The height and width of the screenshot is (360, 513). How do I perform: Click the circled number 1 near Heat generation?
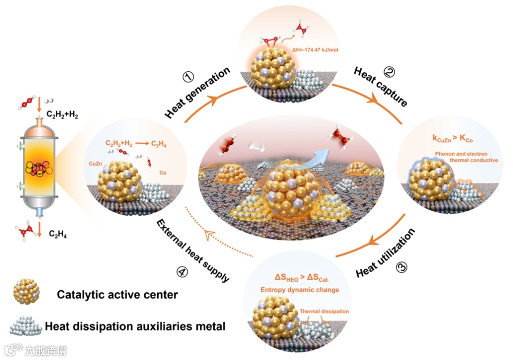(x=190, y=76)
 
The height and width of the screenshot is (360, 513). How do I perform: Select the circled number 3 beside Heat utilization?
(x=402, y=267)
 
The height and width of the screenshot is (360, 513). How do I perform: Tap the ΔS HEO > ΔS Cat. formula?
(x=298, y=277)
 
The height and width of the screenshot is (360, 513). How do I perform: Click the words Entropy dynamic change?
(x=299, y=289)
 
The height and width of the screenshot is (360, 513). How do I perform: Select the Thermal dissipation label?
(x=324, y=312)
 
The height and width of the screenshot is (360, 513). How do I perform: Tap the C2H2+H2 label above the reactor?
(x=61, y=114)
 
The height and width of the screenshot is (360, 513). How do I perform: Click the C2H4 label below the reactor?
(x=59, y=233)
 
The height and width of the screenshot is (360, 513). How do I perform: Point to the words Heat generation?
(x=198, y=93)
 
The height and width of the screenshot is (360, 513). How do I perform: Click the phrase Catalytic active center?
(x=117, y=294)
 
